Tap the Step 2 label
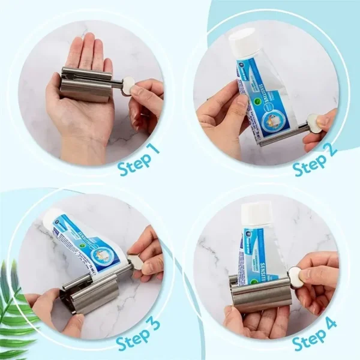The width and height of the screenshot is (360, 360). coord(315,157)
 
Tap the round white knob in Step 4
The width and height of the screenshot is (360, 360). coord(295,277)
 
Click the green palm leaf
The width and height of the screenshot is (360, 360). coord(18,306)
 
